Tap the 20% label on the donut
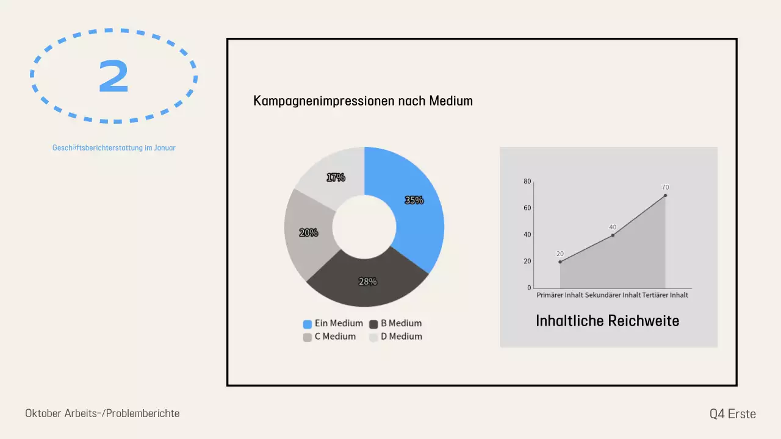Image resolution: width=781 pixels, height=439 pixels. click(309, 232)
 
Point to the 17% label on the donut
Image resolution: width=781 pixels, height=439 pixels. click(336, 177)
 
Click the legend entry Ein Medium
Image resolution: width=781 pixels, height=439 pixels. click(333, 324)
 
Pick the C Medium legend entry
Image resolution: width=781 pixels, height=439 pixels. click(329, 337)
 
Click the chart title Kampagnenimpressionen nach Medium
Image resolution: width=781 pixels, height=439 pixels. click(363, 101)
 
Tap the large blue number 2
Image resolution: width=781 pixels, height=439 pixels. click(113, 77)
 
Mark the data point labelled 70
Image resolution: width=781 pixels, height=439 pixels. click(665, 195)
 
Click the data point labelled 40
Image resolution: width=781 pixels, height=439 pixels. click(613, 235)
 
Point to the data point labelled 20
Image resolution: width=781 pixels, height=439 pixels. click(560, 262)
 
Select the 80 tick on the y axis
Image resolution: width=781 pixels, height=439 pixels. click(527, 181)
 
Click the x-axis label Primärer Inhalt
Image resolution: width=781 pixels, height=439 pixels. click(560, 295)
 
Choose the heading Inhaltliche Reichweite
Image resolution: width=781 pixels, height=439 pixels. click(607, 321)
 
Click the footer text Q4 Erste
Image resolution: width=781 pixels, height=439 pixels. click(732, 414)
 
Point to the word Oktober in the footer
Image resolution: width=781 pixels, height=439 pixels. click(44, 413)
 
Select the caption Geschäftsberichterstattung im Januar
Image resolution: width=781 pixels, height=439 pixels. click(114, 148)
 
